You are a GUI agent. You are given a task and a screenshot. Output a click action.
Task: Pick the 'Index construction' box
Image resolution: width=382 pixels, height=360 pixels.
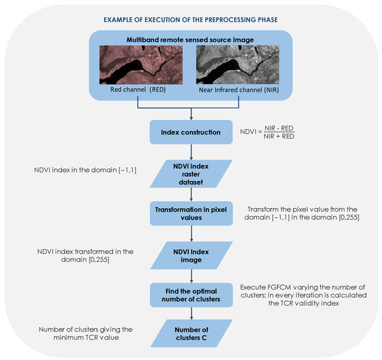(190, 132)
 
